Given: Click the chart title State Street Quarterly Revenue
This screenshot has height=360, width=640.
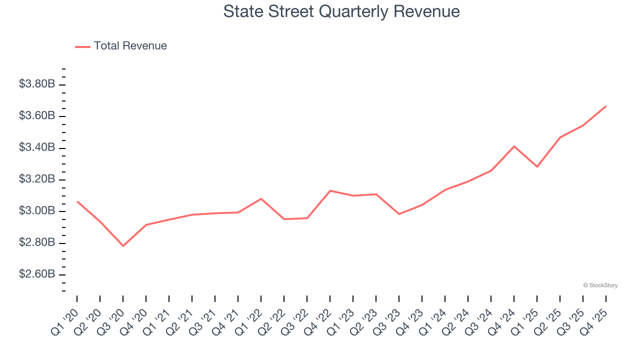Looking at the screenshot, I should coord(341,11).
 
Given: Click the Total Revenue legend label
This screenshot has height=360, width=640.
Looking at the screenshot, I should coord(130,46).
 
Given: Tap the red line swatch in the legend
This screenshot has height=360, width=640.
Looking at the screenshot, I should coord(82,46).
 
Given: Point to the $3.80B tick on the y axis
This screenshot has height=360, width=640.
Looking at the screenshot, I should coord(37,84).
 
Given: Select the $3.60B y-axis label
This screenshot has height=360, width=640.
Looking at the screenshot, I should coord(37,116).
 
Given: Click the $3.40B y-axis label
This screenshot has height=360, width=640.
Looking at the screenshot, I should coord(37,147).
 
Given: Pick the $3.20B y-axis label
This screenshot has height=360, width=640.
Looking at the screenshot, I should coord(37,179).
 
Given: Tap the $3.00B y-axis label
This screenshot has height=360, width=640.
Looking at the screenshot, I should coord(37,211).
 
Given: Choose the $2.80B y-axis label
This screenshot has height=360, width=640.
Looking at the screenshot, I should coord(37,242).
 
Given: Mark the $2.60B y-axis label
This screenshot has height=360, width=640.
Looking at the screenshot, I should coord(37,274).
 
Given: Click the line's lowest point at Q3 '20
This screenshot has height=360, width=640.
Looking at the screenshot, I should coord(123,245).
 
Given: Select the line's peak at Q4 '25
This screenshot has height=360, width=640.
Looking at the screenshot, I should coord(605,106).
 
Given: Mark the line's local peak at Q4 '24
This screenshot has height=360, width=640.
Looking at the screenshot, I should coord(514,146).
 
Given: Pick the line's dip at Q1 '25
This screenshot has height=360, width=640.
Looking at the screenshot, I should coord(537,166).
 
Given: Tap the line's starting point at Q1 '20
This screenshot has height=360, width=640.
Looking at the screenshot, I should coord(77,201).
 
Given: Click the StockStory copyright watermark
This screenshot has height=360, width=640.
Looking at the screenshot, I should coord(600,285).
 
